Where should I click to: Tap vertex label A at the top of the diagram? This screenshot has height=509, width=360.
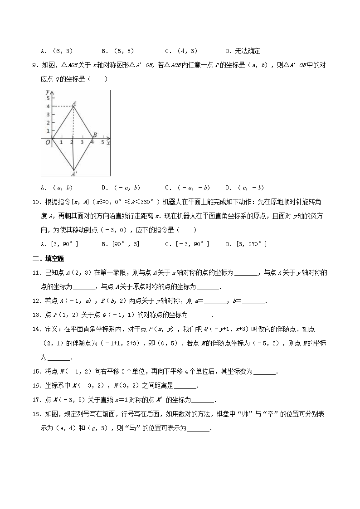click(x=73, y=103)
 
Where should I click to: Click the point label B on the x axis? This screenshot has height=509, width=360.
click(x=95, y=135)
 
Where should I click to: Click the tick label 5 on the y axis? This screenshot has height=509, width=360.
click(x=47, y=97)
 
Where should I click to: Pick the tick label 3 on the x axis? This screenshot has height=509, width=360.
click(x=82, y=143)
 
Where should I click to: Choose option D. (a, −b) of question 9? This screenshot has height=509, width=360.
click(x=244, y=187)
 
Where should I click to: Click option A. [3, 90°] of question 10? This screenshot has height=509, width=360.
click(x=59, y=244)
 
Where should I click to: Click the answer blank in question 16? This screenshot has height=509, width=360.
click(x=185, y=386)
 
